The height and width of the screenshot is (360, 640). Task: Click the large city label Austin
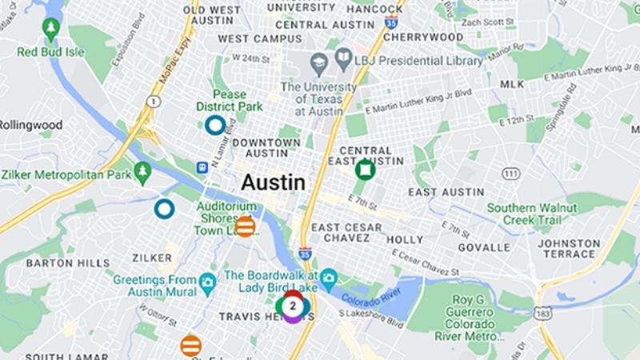273,183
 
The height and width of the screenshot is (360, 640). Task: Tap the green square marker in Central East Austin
365,169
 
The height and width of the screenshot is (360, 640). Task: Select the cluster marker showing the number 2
293,306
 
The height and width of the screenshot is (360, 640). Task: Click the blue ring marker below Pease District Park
214,125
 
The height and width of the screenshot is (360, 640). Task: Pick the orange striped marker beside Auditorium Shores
246,226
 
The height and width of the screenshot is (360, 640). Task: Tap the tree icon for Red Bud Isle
51,30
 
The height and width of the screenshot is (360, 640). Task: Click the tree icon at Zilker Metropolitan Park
142,170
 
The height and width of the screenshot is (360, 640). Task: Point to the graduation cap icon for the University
319,61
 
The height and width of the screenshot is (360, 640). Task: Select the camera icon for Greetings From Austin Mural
208,281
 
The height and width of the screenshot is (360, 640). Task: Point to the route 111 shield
511,174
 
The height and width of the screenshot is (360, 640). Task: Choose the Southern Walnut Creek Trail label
534,213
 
